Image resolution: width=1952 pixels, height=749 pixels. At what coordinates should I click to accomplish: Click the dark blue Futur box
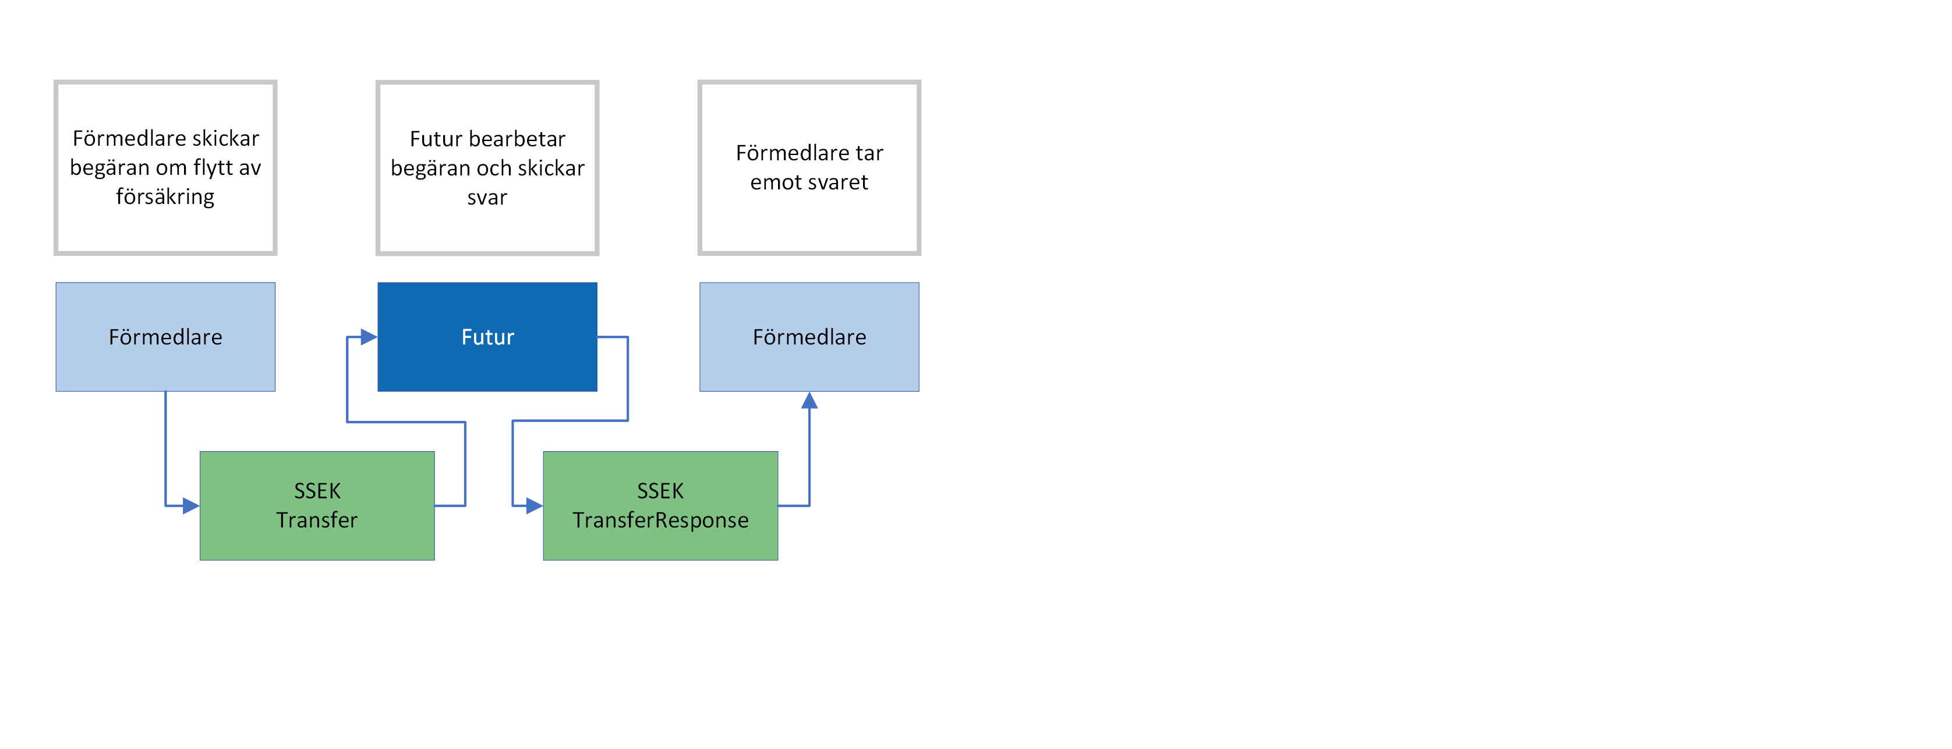point(487,336)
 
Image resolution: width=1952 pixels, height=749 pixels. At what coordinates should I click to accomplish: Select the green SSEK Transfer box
point(317,506)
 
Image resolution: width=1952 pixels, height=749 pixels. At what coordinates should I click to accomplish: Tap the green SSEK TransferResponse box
point(660,506)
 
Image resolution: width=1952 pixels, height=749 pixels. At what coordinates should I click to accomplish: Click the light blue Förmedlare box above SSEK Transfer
point(165,336)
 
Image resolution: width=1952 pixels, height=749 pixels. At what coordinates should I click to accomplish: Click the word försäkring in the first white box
point(165,197)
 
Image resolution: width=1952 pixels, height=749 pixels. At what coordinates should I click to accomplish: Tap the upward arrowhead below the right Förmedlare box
point(809,400)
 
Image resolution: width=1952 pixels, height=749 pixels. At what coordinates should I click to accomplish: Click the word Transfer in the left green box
point(317,520)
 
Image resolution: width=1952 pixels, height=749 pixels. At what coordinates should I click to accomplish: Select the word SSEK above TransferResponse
point(660,491)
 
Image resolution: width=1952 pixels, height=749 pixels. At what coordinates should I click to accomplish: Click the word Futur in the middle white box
point(436,139)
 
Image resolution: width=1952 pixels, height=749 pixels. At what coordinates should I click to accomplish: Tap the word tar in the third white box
point(869,153)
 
